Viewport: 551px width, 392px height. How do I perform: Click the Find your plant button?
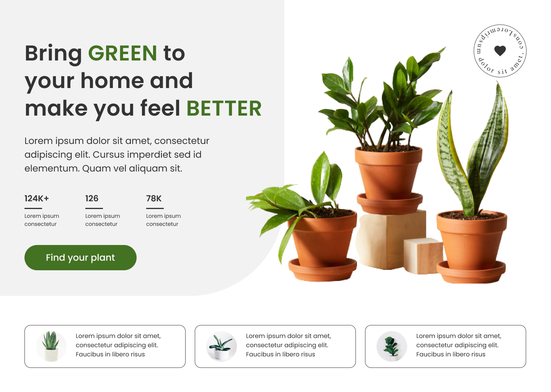(80, 258)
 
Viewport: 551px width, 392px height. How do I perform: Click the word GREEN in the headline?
(122, 53)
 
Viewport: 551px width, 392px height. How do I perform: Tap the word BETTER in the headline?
(224, 108)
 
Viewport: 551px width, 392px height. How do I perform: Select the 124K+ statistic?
(37, 198)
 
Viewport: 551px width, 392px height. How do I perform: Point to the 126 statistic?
(92, 198)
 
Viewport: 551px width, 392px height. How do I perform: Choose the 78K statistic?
(154, 198)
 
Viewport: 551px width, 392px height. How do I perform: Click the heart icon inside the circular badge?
(500, 50)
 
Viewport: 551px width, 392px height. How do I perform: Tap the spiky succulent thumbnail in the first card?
(51, 346)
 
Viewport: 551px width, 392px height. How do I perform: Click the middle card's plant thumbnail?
(221, 346)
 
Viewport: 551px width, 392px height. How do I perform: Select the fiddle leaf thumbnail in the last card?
(391, 346)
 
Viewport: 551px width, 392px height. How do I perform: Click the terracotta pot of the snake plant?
(471, 239)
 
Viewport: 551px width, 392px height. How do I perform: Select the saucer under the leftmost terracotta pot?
(322, 270)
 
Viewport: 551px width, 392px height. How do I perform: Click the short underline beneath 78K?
(155, 208)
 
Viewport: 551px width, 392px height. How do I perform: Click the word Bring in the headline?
(53, 53)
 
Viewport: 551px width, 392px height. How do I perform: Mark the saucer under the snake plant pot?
(471, 273)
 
